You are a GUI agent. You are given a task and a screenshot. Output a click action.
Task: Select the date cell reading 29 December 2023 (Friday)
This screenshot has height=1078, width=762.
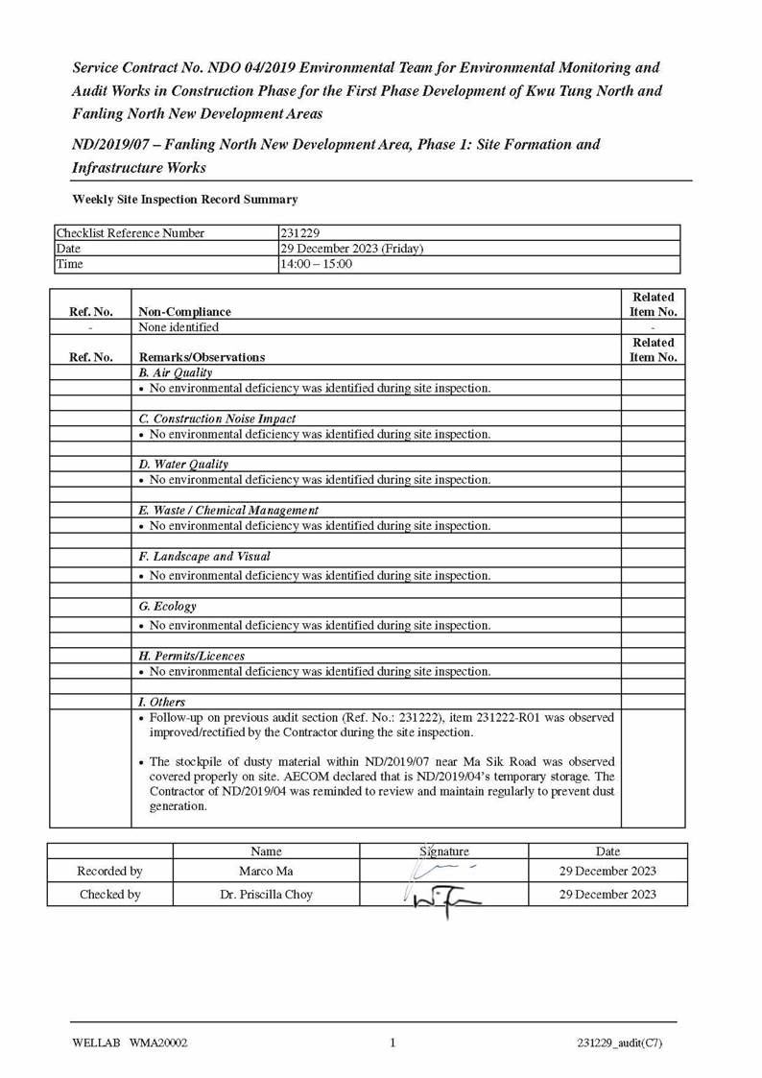coord(351,249)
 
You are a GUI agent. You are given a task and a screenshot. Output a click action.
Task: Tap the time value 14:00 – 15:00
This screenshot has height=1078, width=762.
coord(316,264)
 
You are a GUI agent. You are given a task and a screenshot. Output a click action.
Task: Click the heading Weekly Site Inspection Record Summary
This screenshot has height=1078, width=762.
coord(185,200)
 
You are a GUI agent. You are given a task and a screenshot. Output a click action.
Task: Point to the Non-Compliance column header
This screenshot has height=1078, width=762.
coord(184,311)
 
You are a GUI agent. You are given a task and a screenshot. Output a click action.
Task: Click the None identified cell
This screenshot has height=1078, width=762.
coord(179,327)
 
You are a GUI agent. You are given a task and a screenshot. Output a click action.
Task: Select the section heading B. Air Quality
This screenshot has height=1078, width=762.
coord(176,372)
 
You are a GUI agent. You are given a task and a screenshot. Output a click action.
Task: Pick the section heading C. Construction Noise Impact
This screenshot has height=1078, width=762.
coord(217,419)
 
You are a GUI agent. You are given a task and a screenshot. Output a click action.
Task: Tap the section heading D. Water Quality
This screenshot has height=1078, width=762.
coord(183,465)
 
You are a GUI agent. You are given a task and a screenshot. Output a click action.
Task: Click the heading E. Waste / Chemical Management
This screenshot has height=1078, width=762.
coord(228,511)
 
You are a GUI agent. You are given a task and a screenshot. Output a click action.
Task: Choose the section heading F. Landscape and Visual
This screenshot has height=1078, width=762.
coord(204,557)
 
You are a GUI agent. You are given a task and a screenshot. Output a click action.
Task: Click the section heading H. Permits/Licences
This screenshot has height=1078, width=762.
coord(191,657)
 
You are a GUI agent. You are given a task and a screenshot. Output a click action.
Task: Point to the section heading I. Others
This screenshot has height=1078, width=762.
coord(162,703)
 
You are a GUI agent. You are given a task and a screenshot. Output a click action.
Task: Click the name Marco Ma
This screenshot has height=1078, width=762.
coord(266,872)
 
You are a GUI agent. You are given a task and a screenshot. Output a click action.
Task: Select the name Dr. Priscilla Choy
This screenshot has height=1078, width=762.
coord(266,895)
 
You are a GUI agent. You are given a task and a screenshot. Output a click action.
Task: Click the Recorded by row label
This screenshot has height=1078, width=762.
coord(109,872)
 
